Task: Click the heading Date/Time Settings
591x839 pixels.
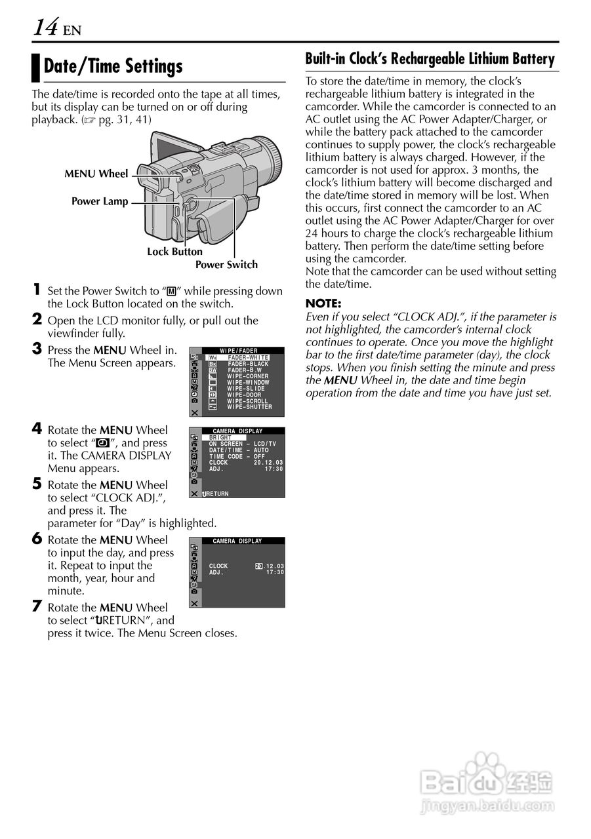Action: pos(113,66)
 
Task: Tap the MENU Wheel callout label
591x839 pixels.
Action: pos(96,174)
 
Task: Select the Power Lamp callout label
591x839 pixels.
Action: pos(100,201)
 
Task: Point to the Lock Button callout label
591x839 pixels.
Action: pos(174,252)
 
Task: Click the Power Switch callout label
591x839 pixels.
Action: pos(226,265)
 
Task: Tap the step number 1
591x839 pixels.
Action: pos(37,290)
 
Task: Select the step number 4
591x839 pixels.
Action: pos(37,429)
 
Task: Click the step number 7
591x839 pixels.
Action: pos(37,606)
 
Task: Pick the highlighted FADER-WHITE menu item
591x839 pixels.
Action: pos(247,357)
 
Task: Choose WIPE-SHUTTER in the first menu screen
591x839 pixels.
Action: pos(249,407)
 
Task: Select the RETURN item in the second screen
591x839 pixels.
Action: pos(216,494)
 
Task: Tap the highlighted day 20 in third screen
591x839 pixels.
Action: pos(258,566)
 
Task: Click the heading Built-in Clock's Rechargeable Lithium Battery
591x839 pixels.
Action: pos(430,59)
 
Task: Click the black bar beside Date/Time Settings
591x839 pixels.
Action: pos(36,67)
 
